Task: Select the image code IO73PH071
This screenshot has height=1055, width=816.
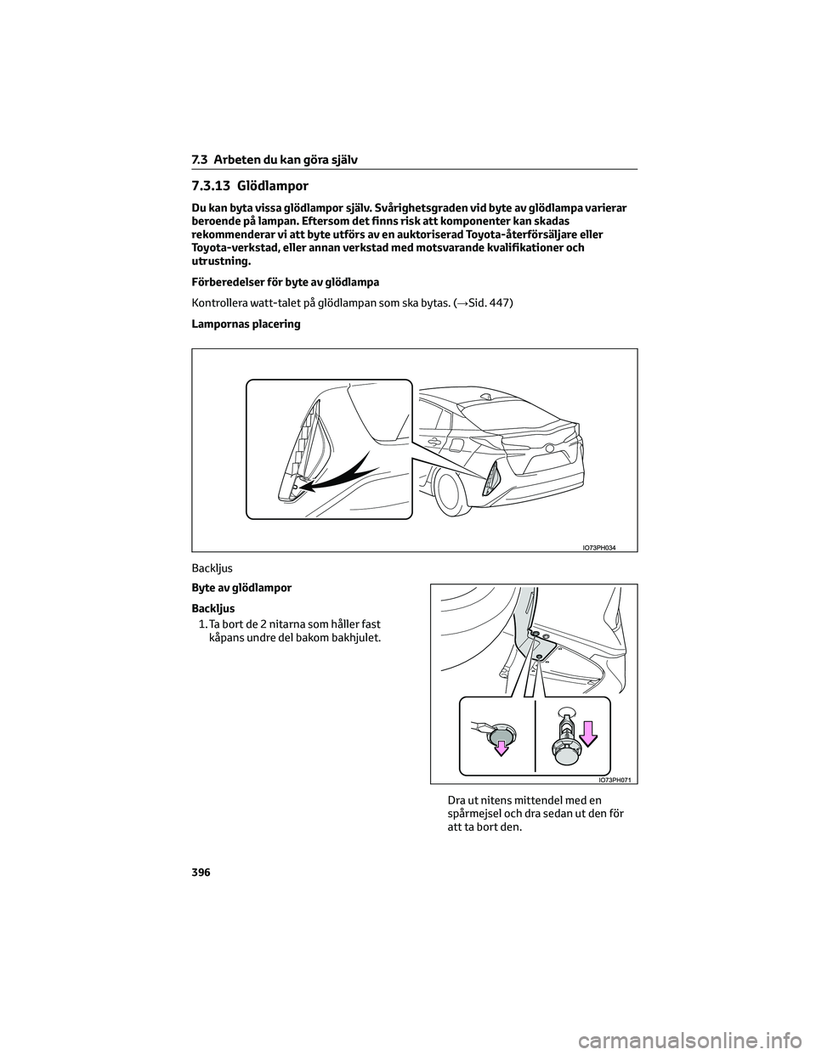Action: tap(618, 779)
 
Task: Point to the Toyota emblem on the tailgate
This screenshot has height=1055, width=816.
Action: tap(551, 447)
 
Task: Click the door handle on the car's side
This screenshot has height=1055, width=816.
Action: tap(434, 442)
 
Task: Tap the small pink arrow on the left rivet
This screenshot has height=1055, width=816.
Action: tap(502, 748)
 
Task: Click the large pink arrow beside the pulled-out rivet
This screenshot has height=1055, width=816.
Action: tap(589, 736)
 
